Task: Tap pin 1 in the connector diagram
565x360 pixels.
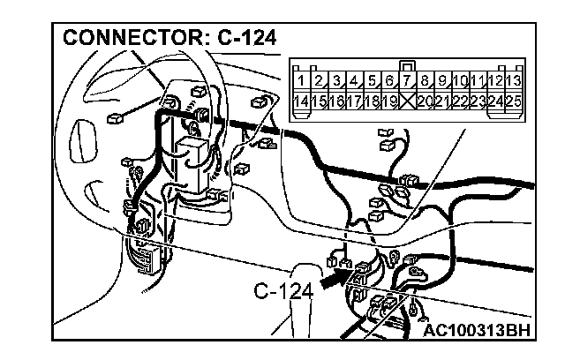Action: click(302, 81)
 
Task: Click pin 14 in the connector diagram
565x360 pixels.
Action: click(302, 101)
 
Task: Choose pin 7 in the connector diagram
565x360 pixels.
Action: click(409, 81)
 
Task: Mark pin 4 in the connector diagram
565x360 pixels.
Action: click(356, 81)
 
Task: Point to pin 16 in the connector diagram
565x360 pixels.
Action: click(338, 101)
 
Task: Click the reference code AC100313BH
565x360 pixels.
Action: click(477, 332)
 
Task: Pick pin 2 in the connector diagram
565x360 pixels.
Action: click(320, 81)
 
